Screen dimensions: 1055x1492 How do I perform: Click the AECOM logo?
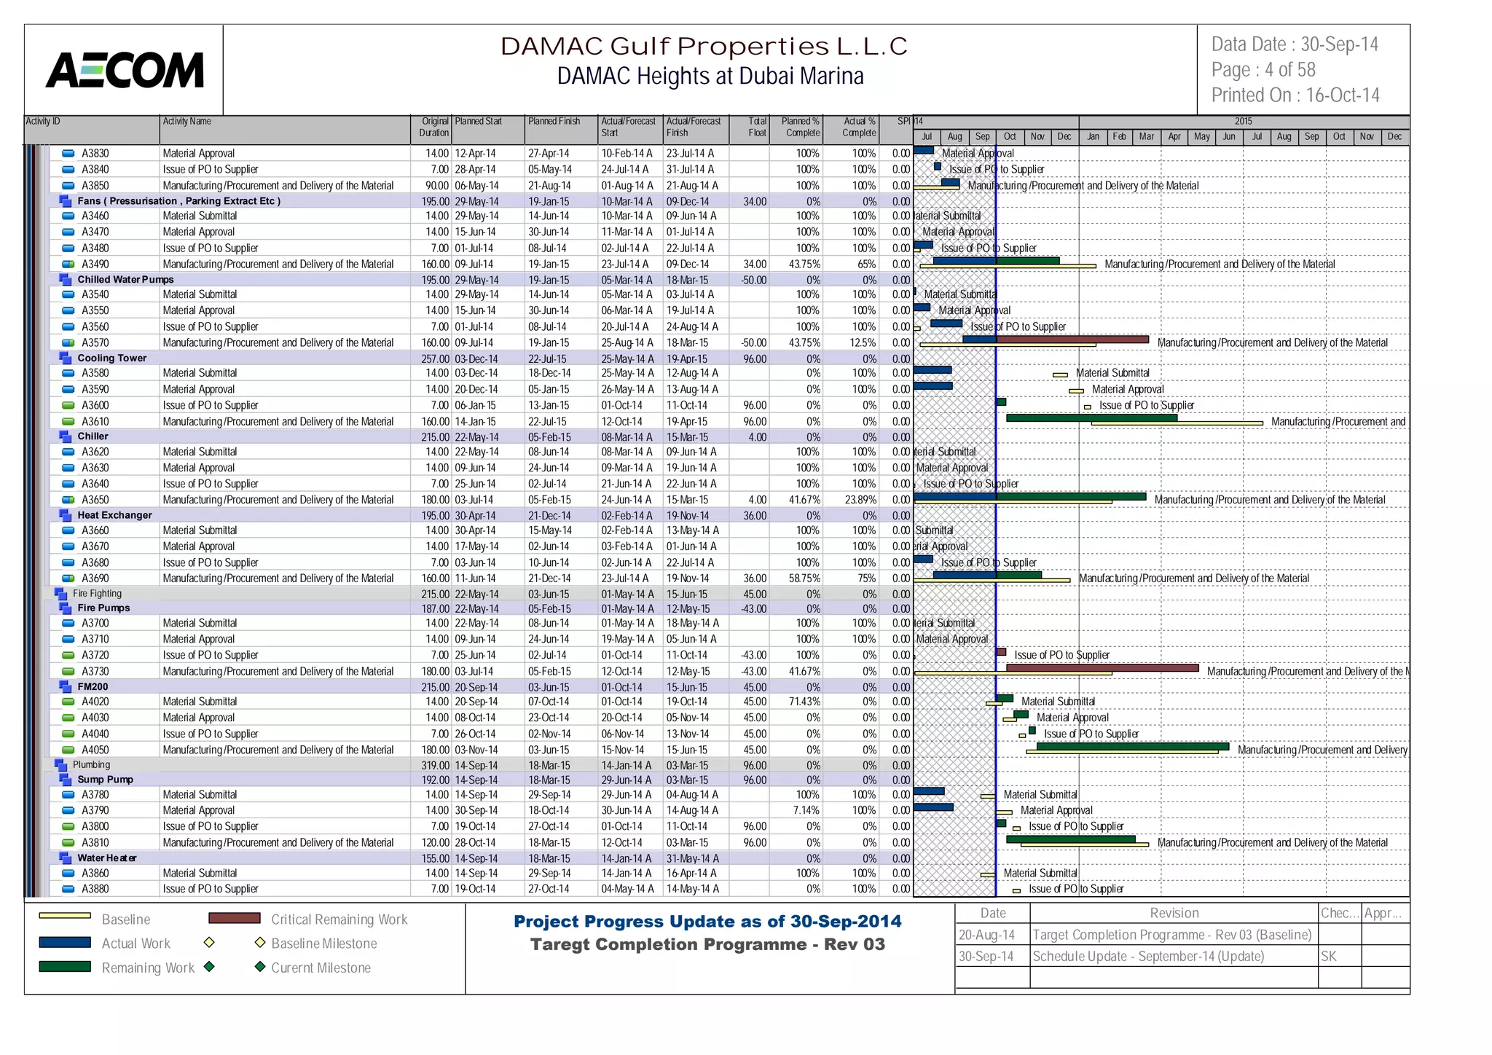125,71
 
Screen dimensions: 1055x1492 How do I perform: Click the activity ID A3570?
95,342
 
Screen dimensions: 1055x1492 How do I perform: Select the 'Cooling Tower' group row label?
111,358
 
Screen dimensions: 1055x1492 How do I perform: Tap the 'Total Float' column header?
757,127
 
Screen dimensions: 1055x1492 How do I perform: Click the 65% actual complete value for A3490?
866,264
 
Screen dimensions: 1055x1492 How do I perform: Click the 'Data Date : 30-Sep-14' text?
1295,44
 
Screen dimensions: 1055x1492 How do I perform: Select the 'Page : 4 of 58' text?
1263,70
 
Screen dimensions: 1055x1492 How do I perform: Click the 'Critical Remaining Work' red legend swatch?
234,918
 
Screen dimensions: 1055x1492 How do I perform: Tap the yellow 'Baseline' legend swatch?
65,916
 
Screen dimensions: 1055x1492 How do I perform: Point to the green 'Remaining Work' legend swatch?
65,967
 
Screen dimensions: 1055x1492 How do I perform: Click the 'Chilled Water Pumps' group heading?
125,279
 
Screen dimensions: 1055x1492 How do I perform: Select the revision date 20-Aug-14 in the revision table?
986,935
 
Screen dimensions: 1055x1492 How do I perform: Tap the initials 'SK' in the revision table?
1329,956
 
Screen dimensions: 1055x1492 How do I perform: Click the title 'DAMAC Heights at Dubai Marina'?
710,76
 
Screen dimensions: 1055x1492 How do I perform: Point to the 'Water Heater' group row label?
107,858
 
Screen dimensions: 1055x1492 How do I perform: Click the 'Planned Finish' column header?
554,122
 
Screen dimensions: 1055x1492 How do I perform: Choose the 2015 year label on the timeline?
1243,121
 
